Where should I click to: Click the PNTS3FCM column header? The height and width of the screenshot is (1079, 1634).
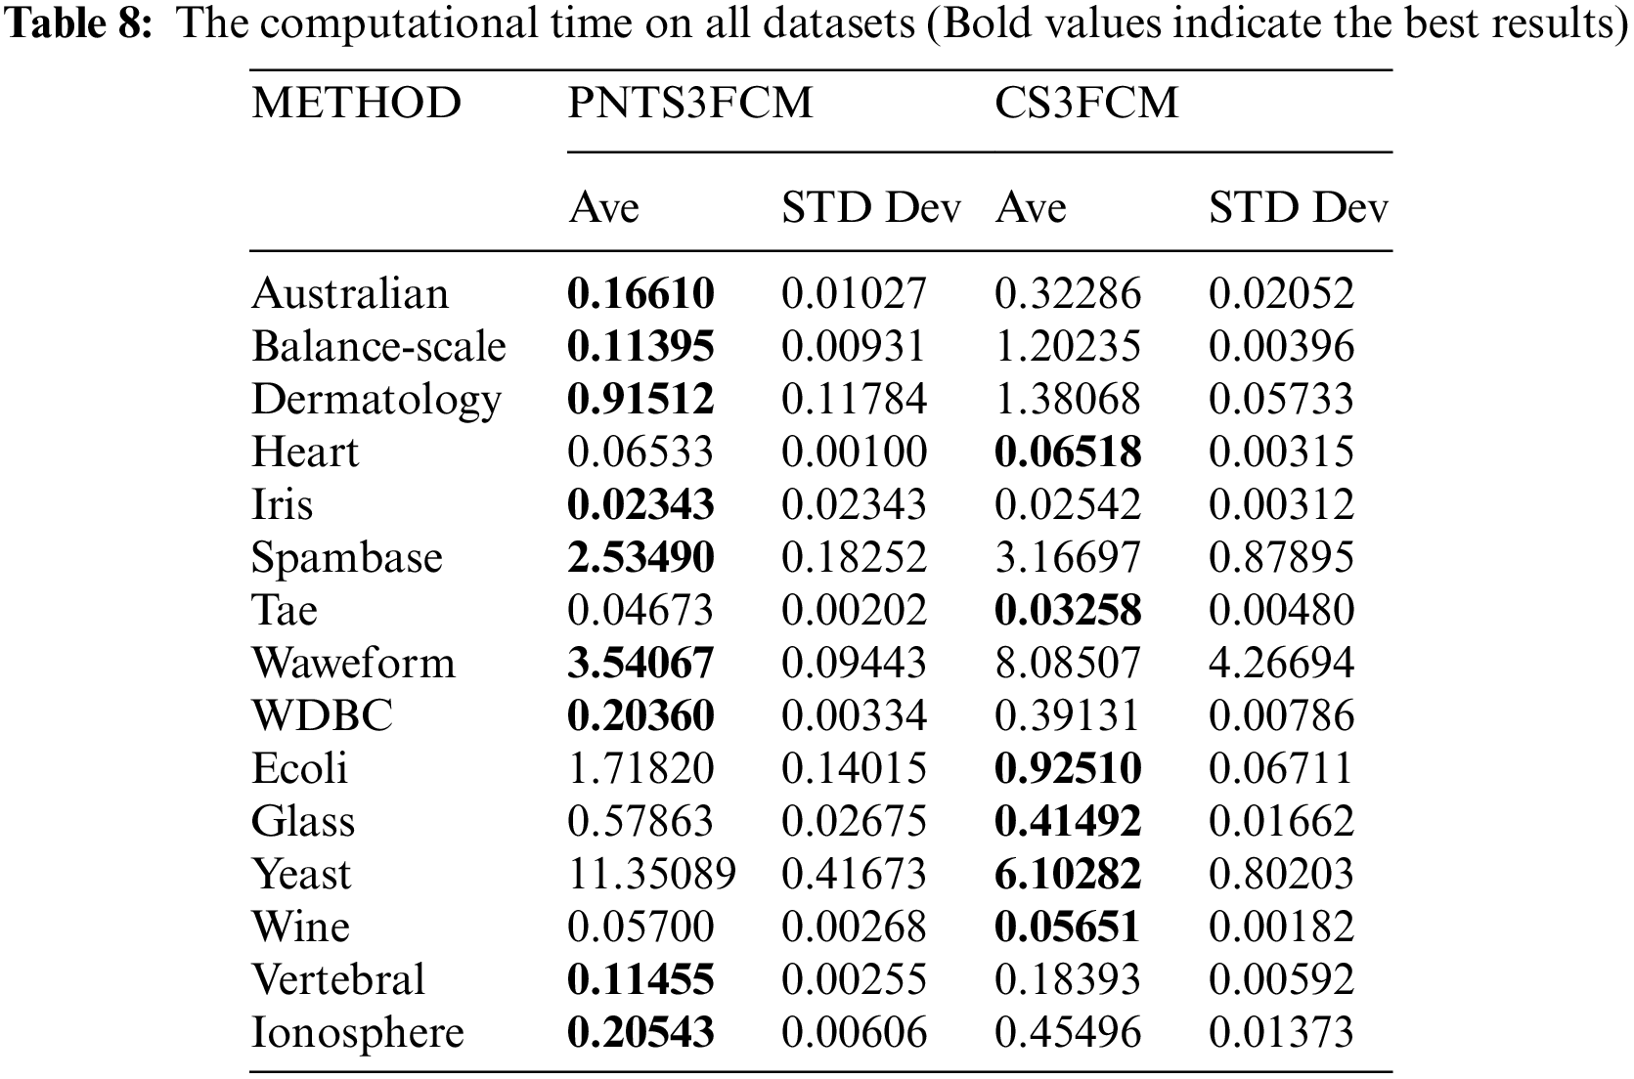click(x=690, y=104)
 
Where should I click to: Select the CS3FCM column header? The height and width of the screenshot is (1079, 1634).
click(x=1086, y=104)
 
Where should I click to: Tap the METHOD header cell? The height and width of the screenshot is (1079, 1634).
click(x=356, y=104)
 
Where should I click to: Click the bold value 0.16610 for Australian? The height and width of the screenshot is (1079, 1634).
click(x=640, y=293)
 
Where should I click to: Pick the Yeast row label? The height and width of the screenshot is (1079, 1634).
click(x=301, y=874)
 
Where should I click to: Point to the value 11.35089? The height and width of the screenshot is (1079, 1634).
click(x=651, y=874)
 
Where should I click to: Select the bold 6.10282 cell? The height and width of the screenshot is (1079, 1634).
click(x=1068, y=874)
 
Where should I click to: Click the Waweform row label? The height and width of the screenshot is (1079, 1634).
click(x=353, y=663)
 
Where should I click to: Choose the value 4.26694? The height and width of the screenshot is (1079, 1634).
click(x=1281, y=663)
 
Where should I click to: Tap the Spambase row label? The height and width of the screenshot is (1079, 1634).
click(x=346, y=557)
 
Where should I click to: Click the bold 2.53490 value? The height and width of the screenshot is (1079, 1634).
click(x=640, y=557)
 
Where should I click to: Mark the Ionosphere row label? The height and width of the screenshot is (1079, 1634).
click(x=357, y=1032)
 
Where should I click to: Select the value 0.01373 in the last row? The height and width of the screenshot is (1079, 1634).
click(x=1281, y=1032)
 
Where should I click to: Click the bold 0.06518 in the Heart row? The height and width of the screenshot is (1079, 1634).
click(x=1068, y=452)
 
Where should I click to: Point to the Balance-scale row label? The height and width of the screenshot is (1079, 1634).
click(x=378, y=346)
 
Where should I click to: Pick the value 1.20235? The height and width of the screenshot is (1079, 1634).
click(x=1068, y=346)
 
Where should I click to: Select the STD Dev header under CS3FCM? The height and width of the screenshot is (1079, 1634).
click(x=1298, y=208)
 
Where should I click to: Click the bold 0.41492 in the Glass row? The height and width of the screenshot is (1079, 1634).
click(x=1068, y=821)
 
